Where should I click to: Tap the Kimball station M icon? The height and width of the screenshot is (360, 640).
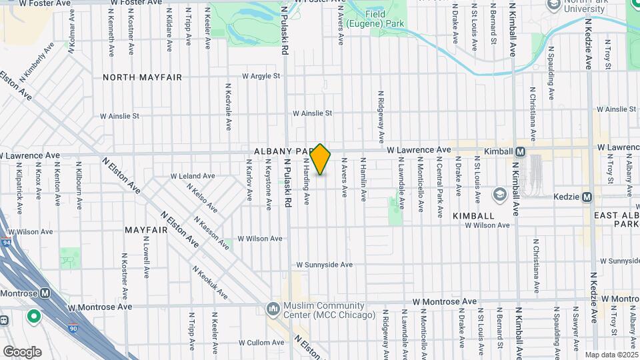[x=519, y=151]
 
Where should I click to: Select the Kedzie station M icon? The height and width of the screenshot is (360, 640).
[x=587, y=197]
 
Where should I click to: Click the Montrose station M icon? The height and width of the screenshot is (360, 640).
[x=45, y=293]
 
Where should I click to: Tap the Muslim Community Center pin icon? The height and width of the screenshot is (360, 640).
[x=272, y=309]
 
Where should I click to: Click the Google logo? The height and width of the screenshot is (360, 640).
[x=22, y=351]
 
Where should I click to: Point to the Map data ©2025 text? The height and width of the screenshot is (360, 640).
[x=611, y=355]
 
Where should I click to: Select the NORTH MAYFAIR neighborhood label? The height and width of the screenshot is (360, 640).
[x=142, y=77]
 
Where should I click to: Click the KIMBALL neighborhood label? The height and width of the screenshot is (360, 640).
[x=473, y=216]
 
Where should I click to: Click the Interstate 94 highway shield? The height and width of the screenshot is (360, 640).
[x=6, y=242]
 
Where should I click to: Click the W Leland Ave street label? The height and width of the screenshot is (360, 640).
[x=193, y=176]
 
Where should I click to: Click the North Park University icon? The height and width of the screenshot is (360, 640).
[x=553, y=5]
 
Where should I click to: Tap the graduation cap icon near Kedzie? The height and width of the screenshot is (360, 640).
[x=499, y=194]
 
